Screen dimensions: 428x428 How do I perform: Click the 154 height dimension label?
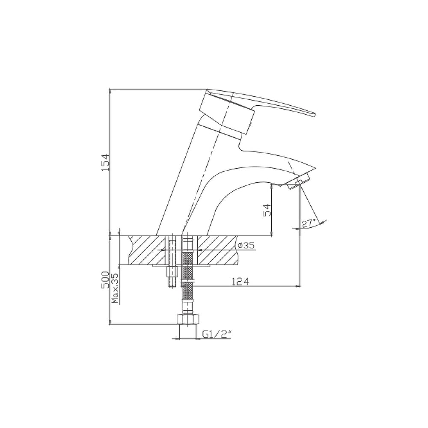[105, 163]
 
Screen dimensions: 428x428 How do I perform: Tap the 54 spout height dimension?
[267, 210]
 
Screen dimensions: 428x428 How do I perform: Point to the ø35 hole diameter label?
[246, 245]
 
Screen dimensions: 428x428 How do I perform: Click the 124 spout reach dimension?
[241, 282]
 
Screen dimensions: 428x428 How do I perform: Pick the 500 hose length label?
[105, 280]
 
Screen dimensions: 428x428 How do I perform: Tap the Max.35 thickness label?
[115, 288]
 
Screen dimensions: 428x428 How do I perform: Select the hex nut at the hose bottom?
[188, 319]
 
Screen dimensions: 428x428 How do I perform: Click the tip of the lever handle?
[314, 115]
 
